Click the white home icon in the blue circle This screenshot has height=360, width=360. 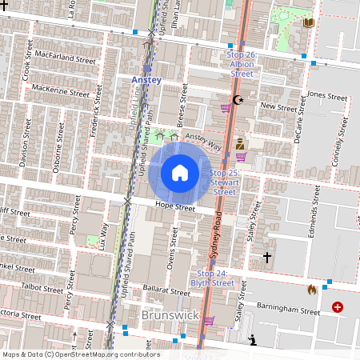click(180, 172)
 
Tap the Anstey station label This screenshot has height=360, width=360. click(146, 80)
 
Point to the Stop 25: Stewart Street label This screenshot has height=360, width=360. click(223, 182)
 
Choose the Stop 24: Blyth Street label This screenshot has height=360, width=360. click(212, 278)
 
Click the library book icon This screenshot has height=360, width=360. click(309, 22)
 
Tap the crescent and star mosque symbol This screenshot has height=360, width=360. click(236, 100)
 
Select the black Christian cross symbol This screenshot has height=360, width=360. click(267, 258)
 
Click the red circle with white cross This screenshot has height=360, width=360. click(338, 306)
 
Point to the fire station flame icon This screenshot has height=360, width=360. click(311, 290)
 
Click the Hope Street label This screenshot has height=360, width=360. click(174, 208)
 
